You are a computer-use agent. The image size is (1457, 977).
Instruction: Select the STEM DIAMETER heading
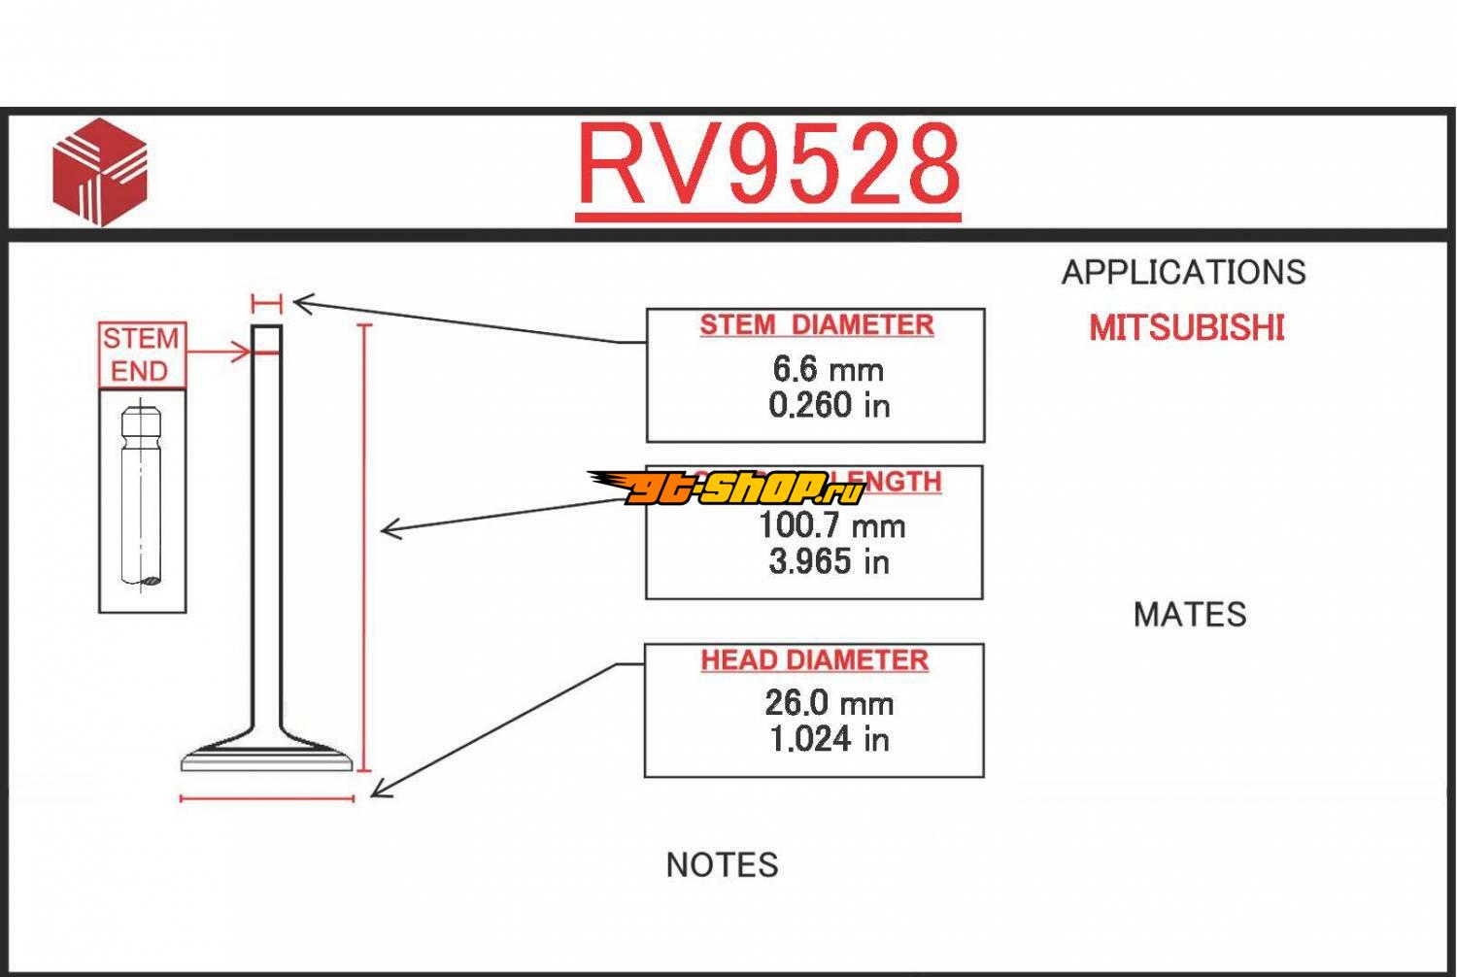[x=816, y=325]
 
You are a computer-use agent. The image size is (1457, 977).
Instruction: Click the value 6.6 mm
[x=828, y=369]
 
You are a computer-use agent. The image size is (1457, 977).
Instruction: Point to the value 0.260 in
[x=829, y=405]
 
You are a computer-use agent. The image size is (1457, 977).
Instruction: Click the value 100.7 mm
[x=831, y=525]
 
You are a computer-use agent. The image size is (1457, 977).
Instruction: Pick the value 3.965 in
[x=829, y=561]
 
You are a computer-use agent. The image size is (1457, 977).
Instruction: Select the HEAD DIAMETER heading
[x=814, y=660]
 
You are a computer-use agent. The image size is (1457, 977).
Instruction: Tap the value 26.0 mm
[x=829, y=703]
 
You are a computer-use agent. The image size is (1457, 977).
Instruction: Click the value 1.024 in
[x=829, y=739]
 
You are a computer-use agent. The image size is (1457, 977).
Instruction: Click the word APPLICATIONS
[x=1183, y=273]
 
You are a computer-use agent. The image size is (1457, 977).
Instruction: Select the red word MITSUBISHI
[x=1186, y=328]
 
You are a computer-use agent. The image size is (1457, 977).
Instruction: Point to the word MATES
[x=1189, y=615]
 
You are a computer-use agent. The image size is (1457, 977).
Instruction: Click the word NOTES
[x=722, y=865]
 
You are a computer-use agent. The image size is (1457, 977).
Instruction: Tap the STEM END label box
[x=142, y=355]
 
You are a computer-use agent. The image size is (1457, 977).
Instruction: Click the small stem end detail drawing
[x=142, y=500]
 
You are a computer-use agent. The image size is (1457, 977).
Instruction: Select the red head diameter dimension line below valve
[x=267, y=799]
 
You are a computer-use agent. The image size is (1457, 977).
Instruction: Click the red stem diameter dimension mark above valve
[x=266, y=304]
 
